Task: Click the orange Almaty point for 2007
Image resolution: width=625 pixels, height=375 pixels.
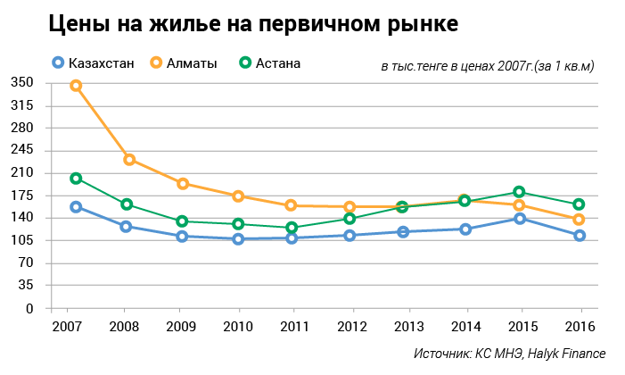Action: click(x=76, y=86)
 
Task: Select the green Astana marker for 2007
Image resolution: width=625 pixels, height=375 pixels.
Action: click(x=76, y=179)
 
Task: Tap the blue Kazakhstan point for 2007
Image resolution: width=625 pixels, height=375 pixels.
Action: click(x=76, y=207)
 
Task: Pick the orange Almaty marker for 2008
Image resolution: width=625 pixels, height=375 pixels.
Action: click(x=129, y=160)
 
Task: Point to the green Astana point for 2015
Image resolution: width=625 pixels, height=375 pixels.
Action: click(x=519, y=192)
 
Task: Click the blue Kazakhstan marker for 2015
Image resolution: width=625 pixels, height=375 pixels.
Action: click(x=519, y=219)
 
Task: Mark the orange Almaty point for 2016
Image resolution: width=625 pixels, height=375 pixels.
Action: click(x=579, y=220)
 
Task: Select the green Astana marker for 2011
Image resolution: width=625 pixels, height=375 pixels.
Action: click(x=292, y=228)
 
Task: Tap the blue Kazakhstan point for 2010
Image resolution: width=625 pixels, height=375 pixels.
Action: click(x=238, y=239)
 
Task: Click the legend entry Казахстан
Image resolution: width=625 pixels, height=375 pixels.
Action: click(x=100, y=62)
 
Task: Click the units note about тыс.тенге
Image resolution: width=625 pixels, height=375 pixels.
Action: click(x=487, y=66)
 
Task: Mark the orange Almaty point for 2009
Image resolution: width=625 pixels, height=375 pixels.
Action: click(x=183, y=184)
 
